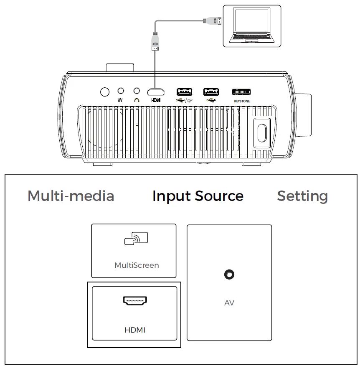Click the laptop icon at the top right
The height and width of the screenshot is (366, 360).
coord(251,26)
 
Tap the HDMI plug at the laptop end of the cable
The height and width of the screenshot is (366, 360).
coord(212,20)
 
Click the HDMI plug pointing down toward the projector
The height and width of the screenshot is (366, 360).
coord(155,42)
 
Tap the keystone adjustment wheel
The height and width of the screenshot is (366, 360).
coord(241,91)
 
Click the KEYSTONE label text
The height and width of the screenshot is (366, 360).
coord(241,101)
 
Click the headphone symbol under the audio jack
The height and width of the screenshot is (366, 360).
coord(136,100)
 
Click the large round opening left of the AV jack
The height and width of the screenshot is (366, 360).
coord(105,91)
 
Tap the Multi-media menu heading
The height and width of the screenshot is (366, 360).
coord(71,196)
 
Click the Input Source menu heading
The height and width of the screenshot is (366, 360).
coord(198,196)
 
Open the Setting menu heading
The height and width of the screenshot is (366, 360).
coord(302,196)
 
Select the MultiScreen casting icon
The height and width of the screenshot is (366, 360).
coord(136,239)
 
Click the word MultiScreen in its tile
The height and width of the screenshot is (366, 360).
coord(137,265)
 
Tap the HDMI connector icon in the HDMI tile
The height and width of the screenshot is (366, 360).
coord(134,300)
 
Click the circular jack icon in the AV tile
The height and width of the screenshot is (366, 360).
coord(229,274)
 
